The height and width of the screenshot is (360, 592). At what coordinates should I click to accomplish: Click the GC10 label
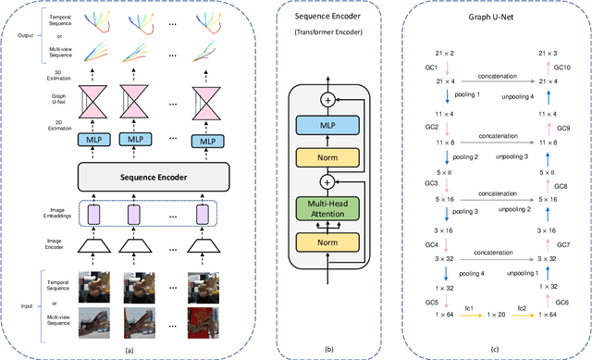562,68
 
